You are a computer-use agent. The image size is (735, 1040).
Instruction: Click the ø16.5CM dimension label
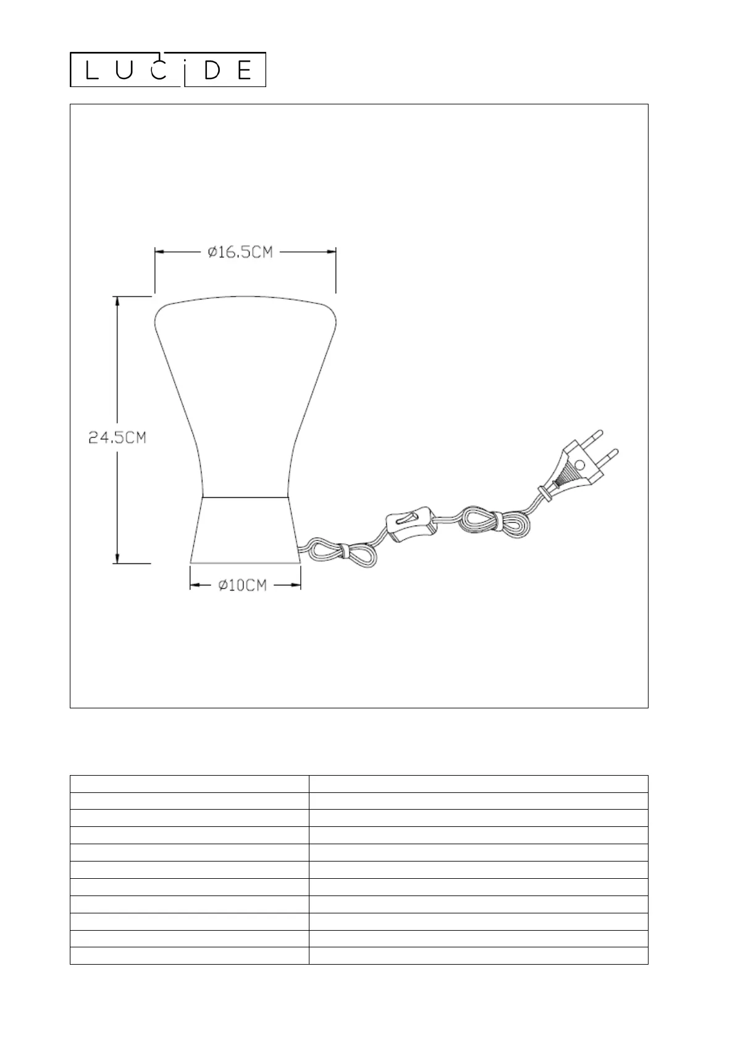tap(240, 252)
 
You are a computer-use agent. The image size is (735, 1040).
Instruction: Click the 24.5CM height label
tap(117, 437)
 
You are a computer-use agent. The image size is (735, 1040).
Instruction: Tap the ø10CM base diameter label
tap(243, 585)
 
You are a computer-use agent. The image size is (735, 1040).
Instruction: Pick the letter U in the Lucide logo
tap(124, 70)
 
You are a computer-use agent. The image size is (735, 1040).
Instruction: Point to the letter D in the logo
tap(212, 70)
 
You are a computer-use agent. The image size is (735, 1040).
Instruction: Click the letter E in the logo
tap(244, 70)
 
